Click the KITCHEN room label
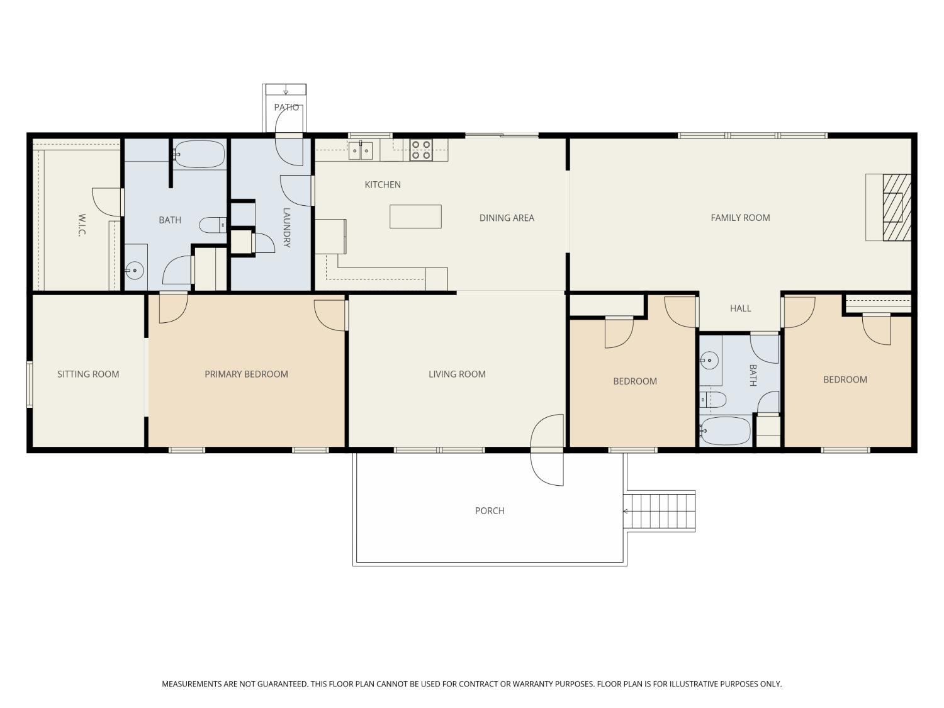[x=383, y=184]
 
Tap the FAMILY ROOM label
[x=740, y=218]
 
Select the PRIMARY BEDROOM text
[x=246, y=374]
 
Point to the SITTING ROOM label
[x=88, y=374]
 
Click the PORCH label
[x=490, y=510]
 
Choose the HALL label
[x=740, y=308]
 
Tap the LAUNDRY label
[x=286, y=228]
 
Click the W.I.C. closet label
[x=81, y=225]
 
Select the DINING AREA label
[x=507, y=218]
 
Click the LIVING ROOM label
[x=457, y=374]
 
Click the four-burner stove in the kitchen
[x=421, y=150]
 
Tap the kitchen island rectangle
[x=415, y=216]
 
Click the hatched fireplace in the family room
[x=896, y=207]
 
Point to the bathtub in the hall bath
[x=726, y=431]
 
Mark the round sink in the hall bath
[x=709, y=361]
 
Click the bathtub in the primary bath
[x=199, y=154]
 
